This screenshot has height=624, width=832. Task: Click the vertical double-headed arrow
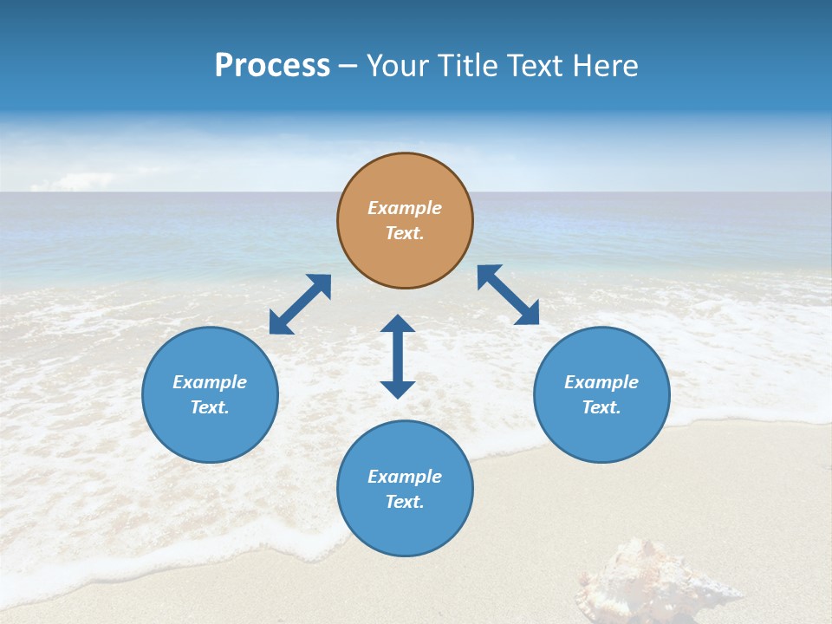[398, 356]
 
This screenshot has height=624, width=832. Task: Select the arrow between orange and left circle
[300, 304]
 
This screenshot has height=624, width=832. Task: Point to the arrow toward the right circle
[508, 295]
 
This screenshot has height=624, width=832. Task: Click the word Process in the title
[272, 66]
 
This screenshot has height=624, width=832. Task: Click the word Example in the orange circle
[405, 208]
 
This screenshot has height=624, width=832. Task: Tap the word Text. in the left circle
[210, 407]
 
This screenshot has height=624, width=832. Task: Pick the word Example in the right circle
[601, 382]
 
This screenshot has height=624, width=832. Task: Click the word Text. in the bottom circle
[405, 502]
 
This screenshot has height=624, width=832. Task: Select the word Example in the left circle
[210, 382]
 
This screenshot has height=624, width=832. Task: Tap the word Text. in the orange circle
[405, 233]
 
